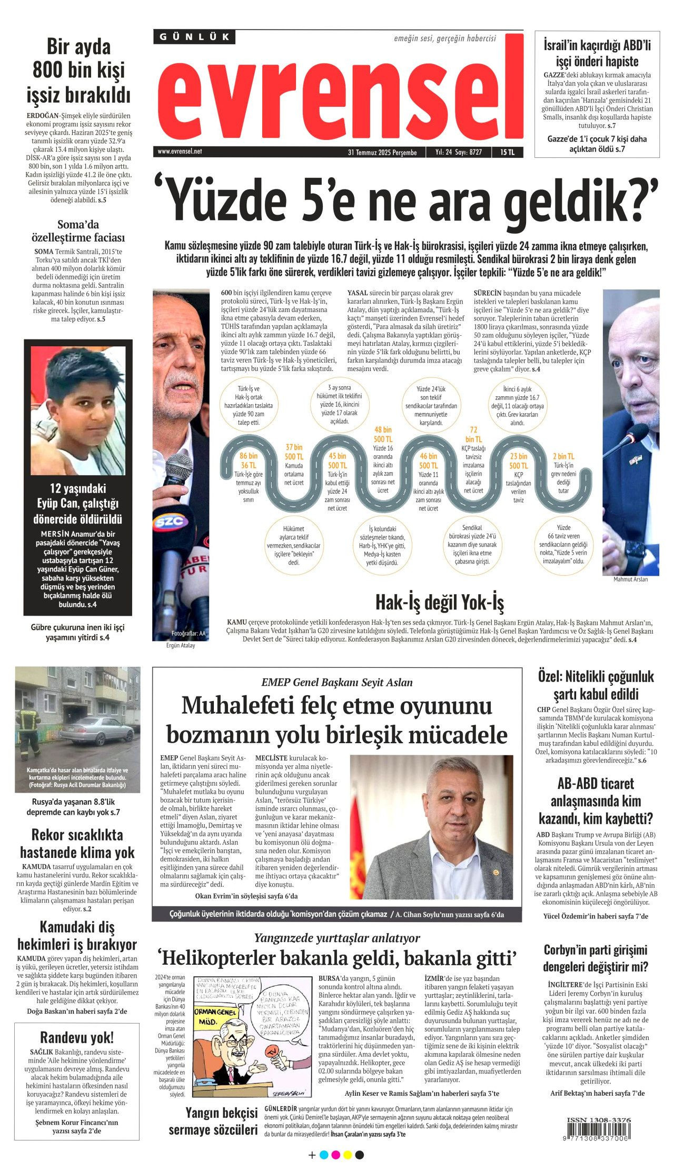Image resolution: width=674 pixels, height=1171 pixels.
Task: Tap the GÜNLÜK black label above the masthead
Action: pyautogui.click(x=194, y=37)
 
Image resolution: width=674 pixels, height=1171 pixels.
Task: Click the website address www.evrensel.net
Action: pyautogui.click(x=180, y=152)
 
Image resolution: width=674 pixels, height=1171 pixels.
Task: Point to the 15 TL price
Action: pyautogui.click(x=507, y=152)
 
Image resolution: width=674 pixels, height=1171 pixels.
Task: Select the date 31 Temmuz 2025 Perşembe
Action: pyautogui.click(x=382, y=152)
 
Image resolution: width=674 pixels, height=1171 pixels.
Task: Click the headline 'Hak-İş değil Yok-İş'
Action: pyautogui.click(x=439, y=602)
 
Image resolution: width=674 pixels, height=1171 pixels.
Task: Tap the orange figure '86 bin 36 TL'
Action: pyautogui.click(x=248, y=461)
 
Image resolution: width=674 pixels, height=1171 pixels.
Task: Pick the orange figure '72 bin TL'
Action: pyautogui.click(x=473, y=434)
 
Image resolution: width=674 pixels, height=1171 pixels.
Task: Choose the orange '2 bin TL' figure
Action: pyautogui.click(x=563, y=456)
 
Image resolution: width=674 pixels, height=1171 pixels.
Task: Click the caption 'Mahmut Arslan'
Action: pyautogui.click(x=630, y=579)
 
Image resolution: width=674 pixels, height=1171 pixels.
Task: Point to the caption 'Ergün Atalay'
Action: pyautogui.click(x=180, y=645)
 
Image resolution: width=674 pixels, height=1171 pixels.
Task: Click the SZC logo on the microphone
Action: pyautogui.click(x=169, y=521)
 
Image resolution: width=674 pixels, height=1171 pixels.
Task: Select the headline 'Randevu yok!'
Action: pyautogui.click(x=77, y=1037)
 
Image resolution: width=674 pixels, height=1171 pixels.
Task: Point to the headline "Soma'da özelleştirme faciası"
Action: pyautogui.click(x=78, y=231)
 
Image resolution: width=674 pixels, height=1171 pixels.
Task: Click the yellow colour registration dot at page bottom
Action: pyautogui.click(x=348, y=1155)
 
